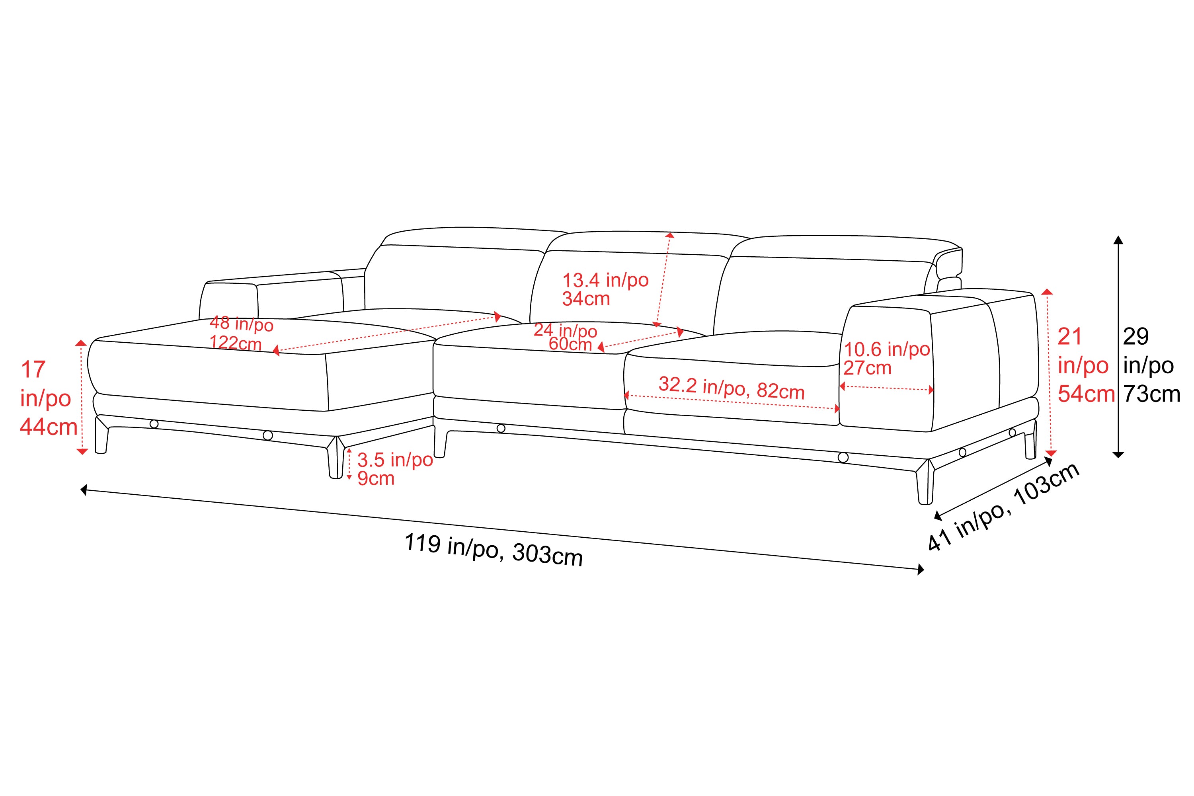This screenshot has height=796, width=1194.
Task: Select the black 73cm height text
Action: (1151, 394)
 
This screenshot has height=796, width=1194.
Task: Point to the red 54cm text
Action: (1086, 394)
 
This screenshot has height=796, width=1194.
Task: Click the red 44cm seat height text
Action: (48, 427)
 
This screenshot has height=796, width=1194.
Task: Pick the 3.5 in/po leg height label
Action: (395, 460)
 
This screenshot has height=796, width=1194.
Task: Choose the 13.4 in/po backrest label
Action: (605, 280)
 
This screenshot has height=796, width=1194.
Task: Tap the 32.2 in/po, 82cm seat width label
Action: (731, 388)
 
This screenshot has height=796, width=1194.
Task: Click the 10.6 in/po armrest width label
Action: (886, 349)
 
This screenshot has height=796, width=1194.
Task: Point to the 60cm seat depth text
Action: (570, 344)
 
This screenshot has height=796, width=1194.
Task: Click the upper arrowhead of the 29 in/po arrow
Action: (1118, 240)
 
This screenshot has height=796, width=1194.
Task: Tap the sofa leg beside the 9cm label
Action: (335, 459)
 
